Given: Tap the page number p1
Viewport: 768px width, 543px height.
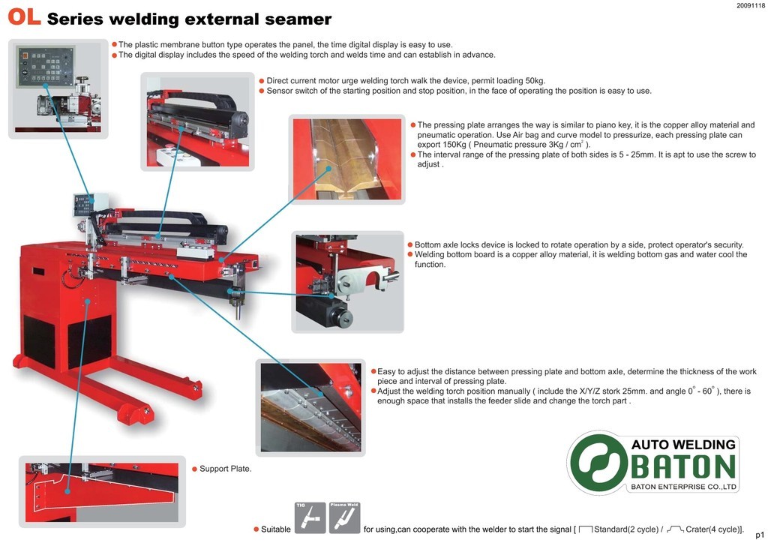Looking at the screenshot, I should coord(759,534).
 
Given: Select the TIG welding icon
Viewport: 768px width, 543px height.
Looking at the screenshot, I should coord(310,517).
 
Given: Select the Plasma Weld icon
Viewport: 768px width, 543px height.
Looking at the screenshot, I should coord(345,517).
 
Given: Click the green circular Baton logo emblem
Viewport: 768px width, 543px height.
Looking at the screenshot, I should coord(598,463).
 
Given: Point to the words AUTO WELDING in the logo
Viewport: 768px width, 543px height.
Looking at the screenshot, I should coord(683,445).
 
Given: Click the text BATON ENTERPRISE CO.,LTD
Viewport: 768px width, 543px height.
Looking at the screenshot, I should coord(683,487).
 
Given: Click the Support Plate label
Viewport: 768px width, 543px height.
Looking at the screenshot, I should coord(225,469).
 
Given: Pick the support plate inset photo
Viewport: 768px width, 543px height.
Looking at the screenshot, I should coord(101,490).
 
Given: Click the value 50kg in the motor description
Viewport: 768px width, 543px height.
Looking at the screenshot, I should coord(535,80).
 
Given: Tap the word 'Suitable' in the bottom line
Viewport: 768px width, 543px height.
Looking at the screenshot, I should coord(275,529).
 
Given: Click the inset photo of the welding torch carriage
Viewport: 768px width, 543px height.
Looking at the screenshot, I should coord(198,120).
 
